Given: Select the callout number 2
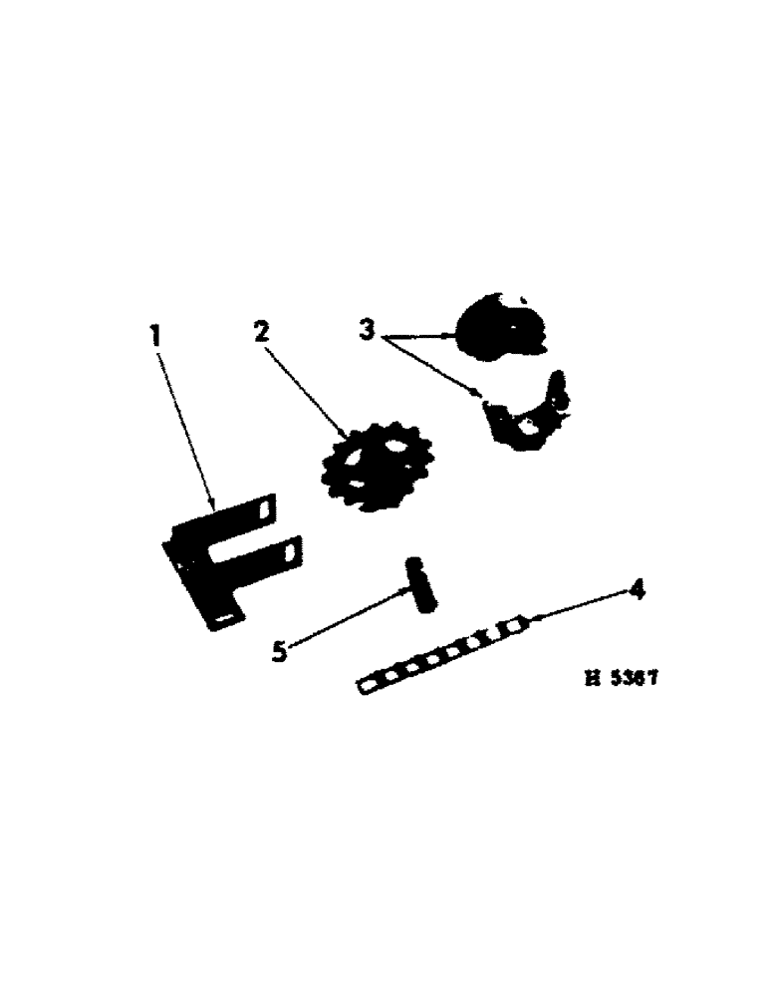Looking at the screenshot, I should coord(262,332).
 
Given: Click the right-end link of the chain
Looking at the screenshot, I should coord(515,626).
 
